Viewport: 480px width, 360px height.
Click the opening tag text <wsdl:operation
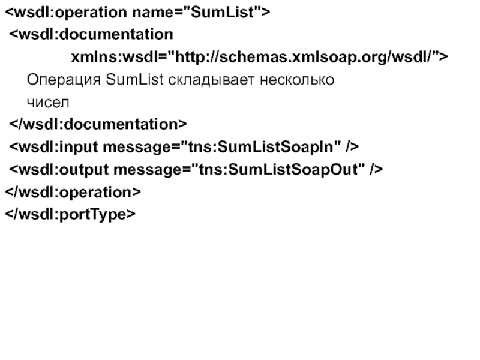[66, 13]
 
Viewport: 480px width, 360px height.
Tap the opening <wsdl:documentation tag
[91, 34]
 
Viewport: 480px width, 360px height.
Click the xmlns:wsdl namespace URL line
[260, 56]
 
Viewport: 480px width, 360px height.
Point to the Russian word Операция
[64, 80]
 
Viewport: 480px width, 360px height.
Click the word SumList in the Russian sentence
[134, 80]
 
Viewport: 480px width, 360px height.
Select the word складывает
[211, 80]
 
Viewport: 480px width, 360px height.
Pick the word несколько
[297, 80]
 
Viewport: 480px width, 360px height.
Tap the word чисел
[48, 103]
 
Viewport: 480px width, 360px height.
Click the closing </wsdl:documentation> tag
[98, 124]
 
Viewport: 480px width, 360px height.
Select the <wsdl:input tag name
[53, 147]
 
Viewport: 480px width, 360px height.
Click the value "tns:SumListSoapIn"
[261, 146]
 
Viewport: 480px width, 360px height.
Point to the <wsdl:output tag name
[59, 170]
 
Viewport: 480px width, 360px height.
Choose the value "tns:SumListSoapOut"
[278, 169]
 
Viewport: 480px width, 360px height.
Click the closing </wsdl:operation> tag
[73, 193]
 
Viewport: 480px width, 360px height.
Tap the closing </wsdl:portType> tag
[70, 215]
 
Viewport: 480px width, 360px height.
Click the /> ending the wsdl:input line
[352, 146]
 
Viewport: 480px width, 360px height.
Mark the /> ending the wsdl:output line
[377, 169]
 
